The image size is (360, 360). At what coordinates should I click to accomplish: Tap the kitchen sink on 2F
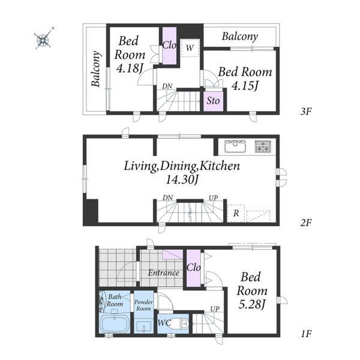pyautogui.click(x=235, y=146)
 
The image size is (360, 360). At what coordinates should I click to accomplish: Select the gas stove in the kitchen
pyautogui.click(x=263, y=146)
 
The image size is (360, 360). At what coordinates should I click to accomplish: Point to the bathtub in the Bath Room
pyautogui.click(x=115, y=324)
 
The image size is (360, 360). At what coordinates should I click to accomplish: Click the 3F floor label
pyautogui.click(x=306, y=112)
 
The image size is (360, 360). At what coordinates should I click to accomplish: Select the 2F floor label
pyautogui.click(x=306, y=223)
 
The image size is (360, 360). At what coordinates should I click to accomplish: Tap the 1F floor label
pyautogui.click(x=306, y=334)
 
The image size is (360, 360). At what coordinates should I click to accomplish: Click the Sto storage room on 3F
pyautogui.click(x=213, y=101)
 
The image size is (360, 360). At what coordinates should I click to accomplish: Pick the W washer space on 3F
pyautogui.click(x=190, y=48)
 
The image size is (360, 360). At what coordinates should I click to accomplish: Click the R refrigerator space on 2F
pyautogui.click(x=236, y=213)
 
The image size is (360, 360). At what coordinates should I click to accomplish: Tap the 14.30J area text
pyautogui.click(x=182, y=180)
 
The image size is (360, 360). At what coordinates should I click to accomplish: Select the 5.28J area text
pyautogui.click(x=252, y=304)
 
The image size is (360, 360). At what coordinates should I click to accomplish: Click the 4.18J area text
pyautogui.click(x=130, y=68)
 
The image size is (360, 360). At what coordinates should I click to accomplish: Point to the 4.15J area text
pyautogui.click(x=245, y=86)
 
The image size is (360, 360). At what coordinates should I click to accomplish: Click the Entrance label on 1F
pyautogui.click(x=163, y=273)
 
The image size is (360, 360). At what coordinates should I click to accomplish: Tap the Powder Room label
pyautogui.click(x=143, y=305)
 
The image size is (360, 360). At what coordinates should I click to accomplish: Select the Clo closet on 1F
pyautogui.click(x=194, y=268)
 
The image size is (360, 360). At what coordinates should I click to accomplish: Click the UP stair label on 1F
pyautogui.click(x=215, y=310)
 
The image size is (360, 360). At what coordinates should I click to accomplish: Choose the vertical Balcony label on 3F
pyautogui.click(x=96, y=68)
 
